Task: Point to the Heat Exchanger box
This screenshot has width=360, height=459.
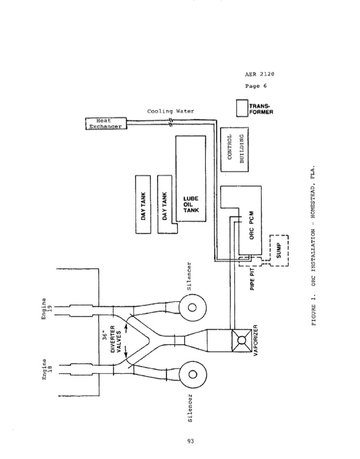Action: (x=104, y=124)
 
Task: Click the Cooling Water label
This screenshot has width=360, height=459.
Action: (x=171, y=110)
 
